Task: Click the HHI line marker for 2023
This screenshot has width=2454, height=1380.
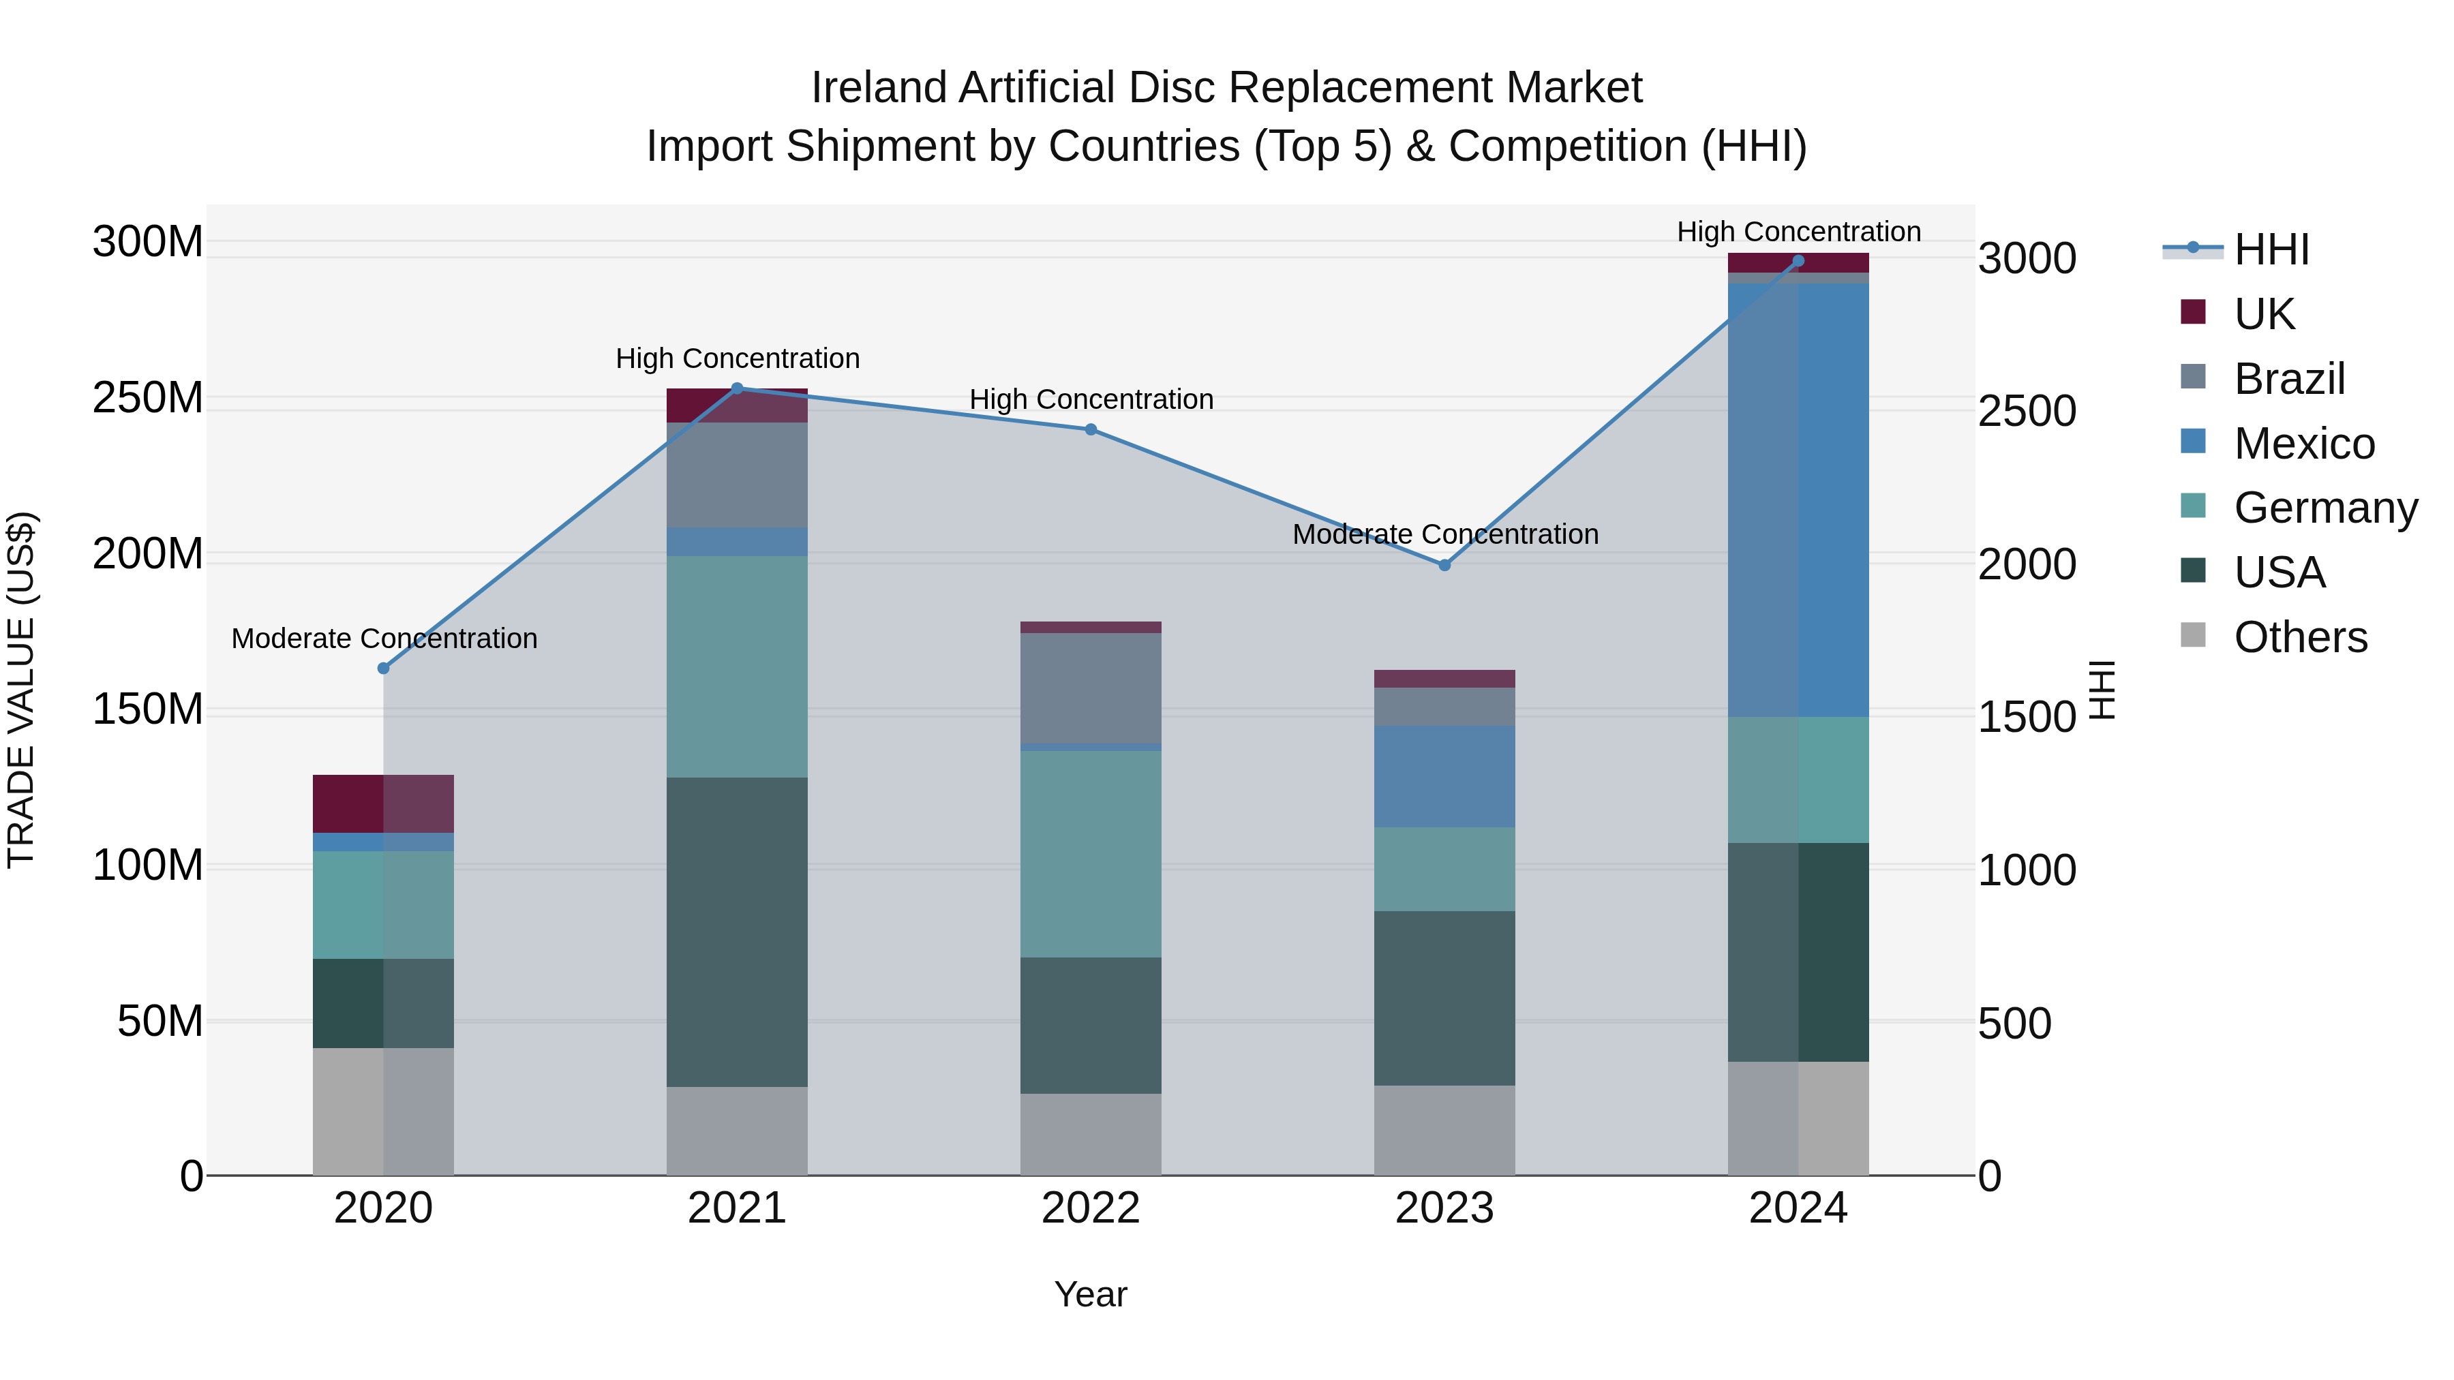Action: pos(1444,565)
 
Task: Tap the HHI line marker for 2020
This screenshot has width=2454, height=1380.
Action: pos(384,669)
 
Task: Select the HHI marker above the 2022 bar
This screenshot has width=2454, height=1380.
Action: pos(1091,429)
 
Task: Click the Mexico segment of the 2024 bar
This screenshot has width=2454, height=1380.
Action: pos(1799,500)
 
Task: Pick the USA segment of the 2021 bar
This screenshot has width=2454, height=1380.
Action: pos(738,932)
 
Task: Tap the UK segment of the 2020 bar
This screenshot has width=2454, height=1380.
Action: pos(384,804)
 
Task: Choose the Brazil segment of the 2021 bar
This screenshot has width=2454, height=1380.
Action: pos(738,474)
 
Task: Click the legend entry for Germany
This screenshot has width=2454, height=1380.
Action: pos(2324,508)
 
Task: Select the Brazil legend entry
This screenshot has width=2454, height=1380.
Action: pos(2288,378)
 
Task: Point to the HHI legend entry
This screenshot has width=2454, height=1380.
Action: pos(2271,249)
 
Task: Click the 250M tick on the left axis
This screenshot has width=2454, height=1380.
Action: pos(148,397)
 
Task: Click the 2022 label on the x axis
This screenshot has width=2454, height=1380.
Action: pos(1091,1208)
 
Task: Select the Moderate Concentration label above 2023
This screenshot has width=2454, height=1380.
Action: pos(1444,534)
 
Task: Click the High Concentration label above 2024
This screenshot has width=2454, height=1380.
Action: pos(1799,232)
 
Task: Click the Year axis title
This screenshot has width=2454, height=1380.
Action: pos(1091,1294)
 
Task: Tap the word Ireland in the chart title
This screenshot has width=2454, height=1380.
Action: pos(879,88)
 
